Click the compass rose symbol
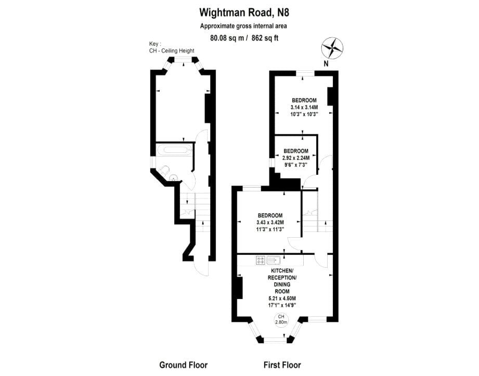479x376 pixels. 332,48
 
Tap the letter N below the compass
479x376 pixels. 326,64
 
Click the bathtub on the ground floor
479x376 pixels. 174,151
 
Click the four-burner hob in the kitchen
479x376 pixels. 261,260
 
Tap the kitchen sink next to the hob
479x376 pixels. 274,260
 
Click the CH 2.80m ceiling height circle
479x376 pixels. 281,319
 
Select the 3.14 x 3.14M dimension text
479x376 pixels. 304,107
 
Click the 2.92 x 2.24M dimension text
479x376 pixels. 296,158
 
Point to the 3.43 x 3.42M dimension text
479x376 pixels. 270,223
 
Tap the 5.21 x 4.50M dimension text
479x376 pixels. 283,298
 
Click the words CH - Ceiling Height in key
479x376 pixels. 172,50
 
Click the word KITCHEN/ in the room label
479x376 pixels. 283,271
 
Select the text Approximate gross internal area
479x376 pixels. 243,25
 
